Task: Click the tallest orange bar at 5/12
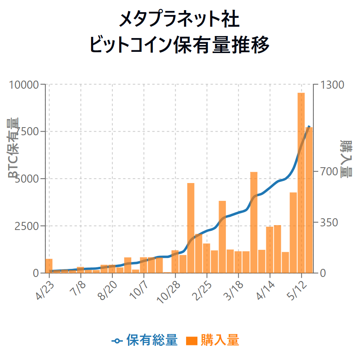point(301,182)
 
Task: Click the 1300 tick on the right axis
point(332,85)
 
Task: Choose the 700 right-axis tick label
point(329,172)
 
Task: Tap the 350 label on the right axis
point(329,222)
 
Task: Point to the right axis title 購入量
point(346,159)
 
